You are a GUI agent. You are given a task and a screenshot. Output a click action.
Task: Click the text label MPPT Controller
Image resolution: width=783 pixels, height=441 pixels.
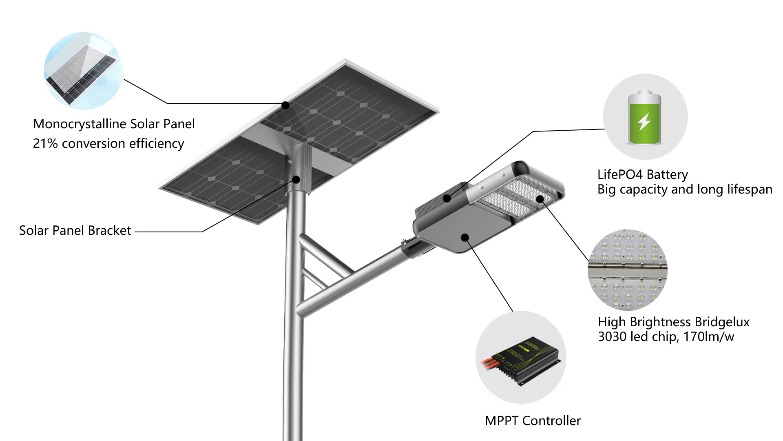click(x=533, y=421)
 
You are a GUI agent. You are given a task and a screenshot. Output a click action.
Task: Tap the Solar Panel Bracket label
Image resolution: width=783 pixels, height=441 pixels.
click(x=75, y=231)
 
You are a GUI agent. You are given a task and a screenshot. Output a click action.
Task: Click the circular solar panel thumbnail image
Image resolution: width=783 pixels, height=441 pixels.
click(x=84, y=71)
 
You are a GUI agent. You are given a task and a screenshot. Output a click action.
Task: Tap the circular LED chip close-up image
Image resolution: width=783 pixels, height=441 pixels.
click(x=627, y=269)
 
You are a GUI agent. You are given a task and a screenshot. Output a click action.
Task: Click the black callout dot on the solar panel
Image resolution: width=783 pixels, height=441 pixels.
click(x=285, y=105)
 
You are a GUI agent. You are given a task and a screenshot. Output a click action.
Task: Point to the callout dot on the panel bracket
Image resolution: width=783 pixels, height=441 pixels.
click(x=296, y=179)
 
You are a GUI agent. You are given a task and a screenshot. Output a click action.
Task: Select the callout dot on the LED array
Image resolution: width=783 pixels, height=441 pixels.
click(x=540, y=199)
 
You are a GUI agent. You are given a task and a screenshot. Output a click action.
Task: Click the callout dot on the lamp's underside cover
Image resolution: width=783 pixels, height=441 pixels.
click(x=464, y=237)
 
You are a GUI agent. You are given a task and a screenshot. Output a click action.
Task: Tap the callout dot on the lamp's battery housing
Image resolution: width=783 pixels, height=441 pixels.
click(x=447, y=198)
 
